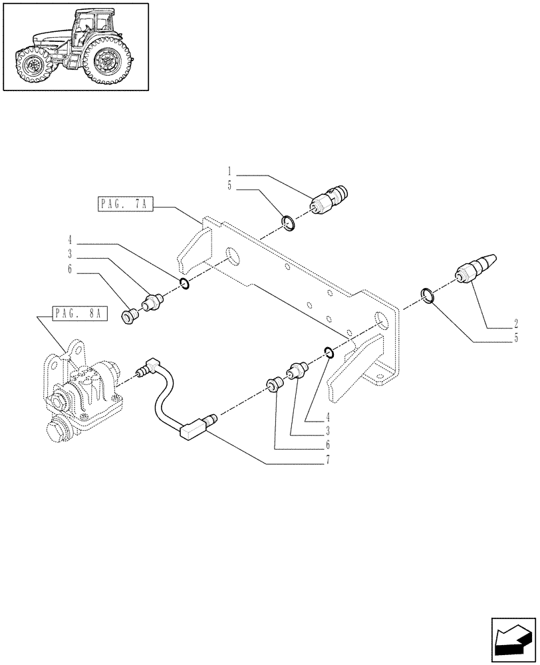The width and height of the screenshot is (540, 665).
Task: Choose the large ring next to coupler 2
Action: tap(428, 295)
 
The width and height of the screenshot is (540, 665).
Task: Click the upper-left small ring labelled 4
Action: tap(185, 285)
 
